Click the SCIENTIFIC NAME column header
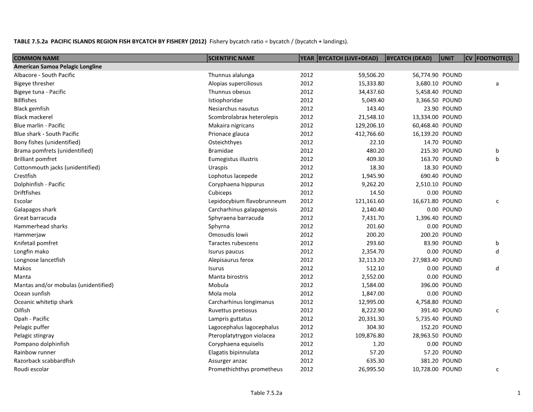(x=231, y=58)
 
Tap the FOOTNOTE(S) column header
(x=497, y=58)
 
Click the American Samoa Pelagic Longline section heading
(x=57, y=66)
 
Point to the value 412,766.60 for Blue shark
(x=368, y=134)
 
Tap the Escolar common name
(x=23, y=201)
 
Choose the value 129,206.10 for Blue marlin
(x=368, y=125)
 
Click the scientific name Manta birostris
(x=228, y=277)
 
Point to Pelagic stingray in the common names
(x=34, y=335)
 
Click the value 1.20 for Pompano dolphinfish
(x=379, y=344)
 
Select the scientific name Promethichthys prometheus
(x=245, y=369)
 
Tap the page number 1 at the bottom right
(x=518, y=393)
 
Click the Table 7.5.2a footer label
(x=266, y=393)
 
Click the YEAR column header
(x=307, y=58)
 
